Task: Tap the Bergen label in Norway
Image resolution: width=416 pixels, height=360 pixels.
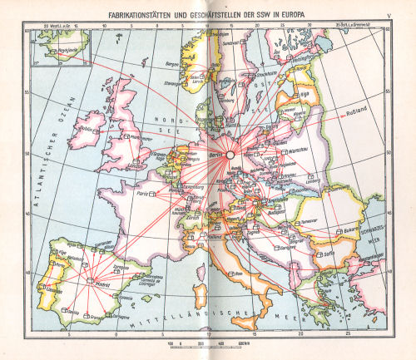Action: click(173, 62)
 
